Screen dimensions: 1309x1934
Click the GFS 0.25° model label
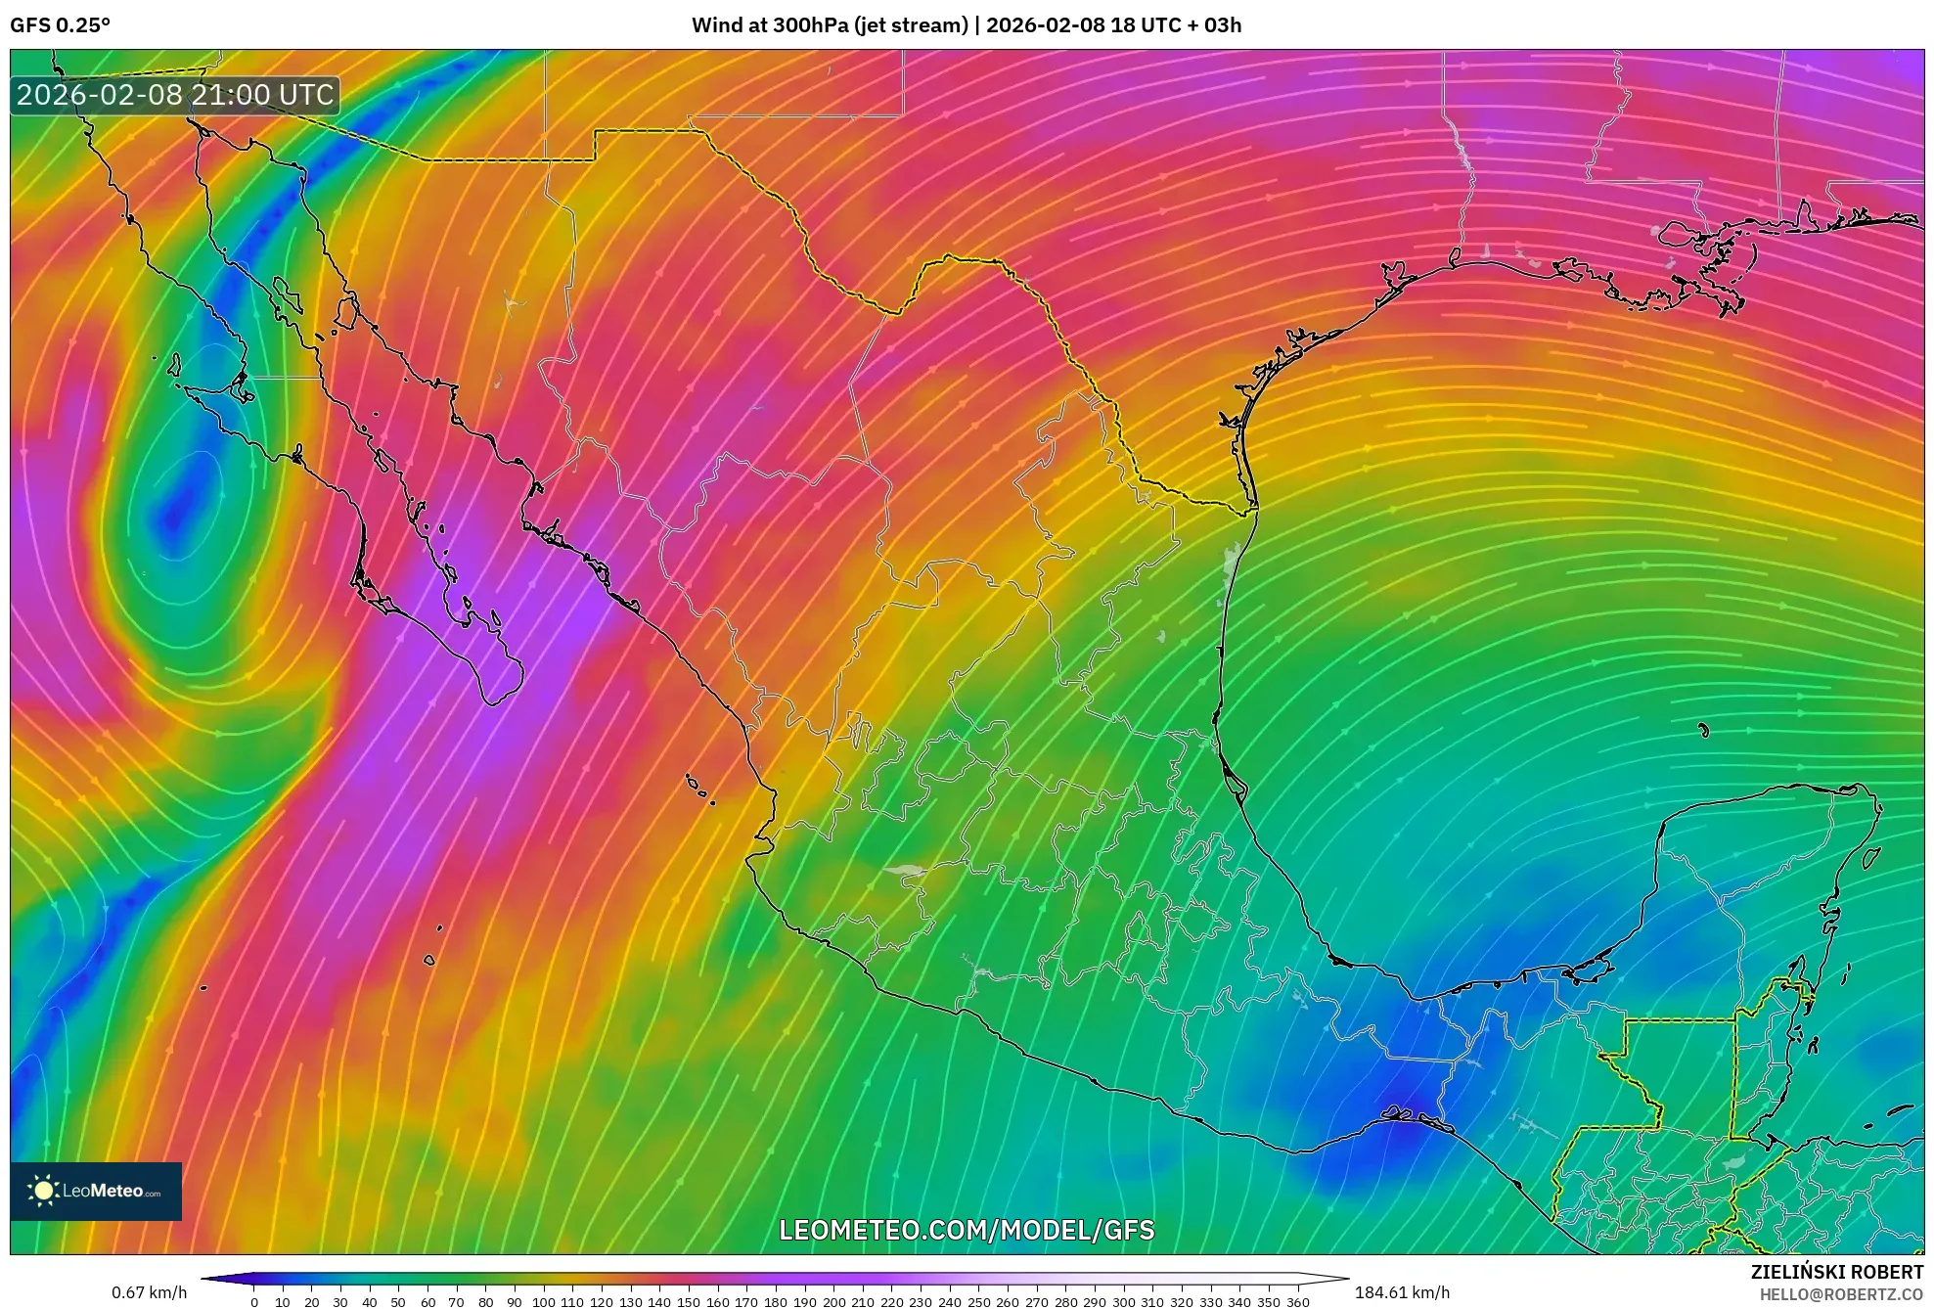61,25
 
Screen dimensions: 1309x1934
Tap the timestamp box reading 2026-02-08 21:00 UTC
175,95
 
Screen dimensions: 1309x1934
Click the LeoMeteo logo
96,1191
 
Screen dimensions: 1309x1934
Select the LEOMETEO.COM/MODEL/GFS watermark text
967,1230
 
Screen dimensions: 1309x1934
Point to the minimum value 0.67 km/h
149,1292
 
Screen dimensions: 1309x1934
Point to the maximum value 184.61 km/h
1402,1292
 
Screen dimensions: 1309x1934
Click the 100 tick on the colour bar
543,1302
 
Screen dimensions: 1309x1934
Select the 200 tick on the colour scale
833,1302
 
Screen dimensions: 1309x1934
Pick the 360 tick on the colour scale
1298,1302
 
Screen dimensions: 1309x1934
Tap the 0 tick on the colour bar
254,1302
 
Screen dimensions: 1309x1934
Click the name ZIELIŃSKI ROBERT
1836,1272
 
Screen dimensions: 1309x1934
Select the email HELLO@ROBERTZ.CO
1841,1294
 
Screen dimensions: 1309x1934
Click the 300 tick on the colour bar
1124,1302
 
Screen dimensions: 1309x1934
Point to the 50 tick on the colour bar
398,1302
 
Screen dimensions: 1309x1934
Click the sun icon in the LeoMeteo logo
43,1191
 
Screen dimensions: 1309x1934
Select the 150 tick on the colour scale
688,1302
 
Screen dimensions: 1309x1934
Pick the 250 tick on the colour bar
979,1302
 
